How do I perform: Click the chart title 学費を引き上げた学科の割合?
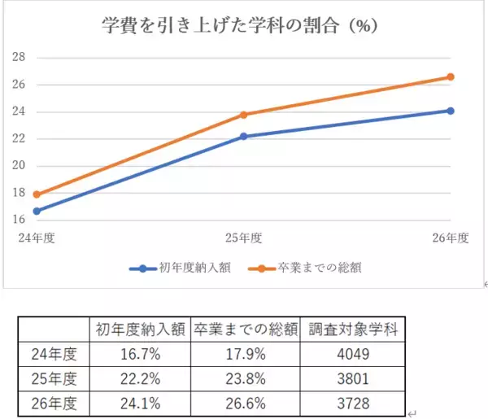244,24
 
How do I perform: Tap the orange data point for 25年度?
243,115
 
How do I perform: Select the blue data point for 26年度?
451,111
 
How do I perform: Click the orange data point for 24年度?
37,194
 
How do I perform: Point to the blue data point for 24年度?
37,211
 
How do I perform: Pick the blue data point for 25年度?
243,137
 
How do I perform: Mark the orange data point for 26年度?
451,77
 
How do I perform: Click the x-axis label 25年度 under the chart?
243,238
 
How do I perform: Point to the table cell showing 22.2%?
140,378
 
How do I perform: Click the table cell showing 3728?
354,402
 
